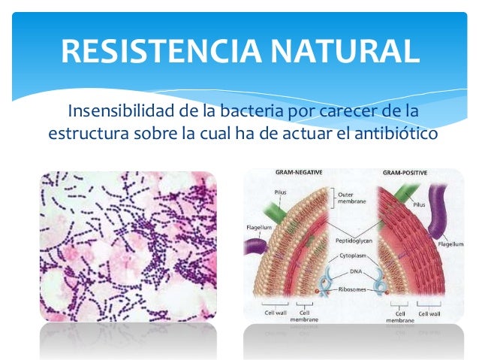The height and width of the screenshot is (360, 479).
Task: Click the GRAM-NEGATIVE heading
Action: click(299, 173)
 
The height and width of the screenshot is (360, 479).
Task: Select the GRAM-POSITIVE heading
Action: click(406, 173)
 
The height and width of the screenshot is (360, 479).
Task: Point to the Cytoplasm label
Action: click(351, 255)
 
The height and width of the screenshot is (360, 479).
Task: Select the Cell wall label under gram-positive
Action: click(430, 313)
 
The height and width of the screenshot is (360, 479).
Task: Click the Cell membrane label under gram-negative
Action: click(306, 316)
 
